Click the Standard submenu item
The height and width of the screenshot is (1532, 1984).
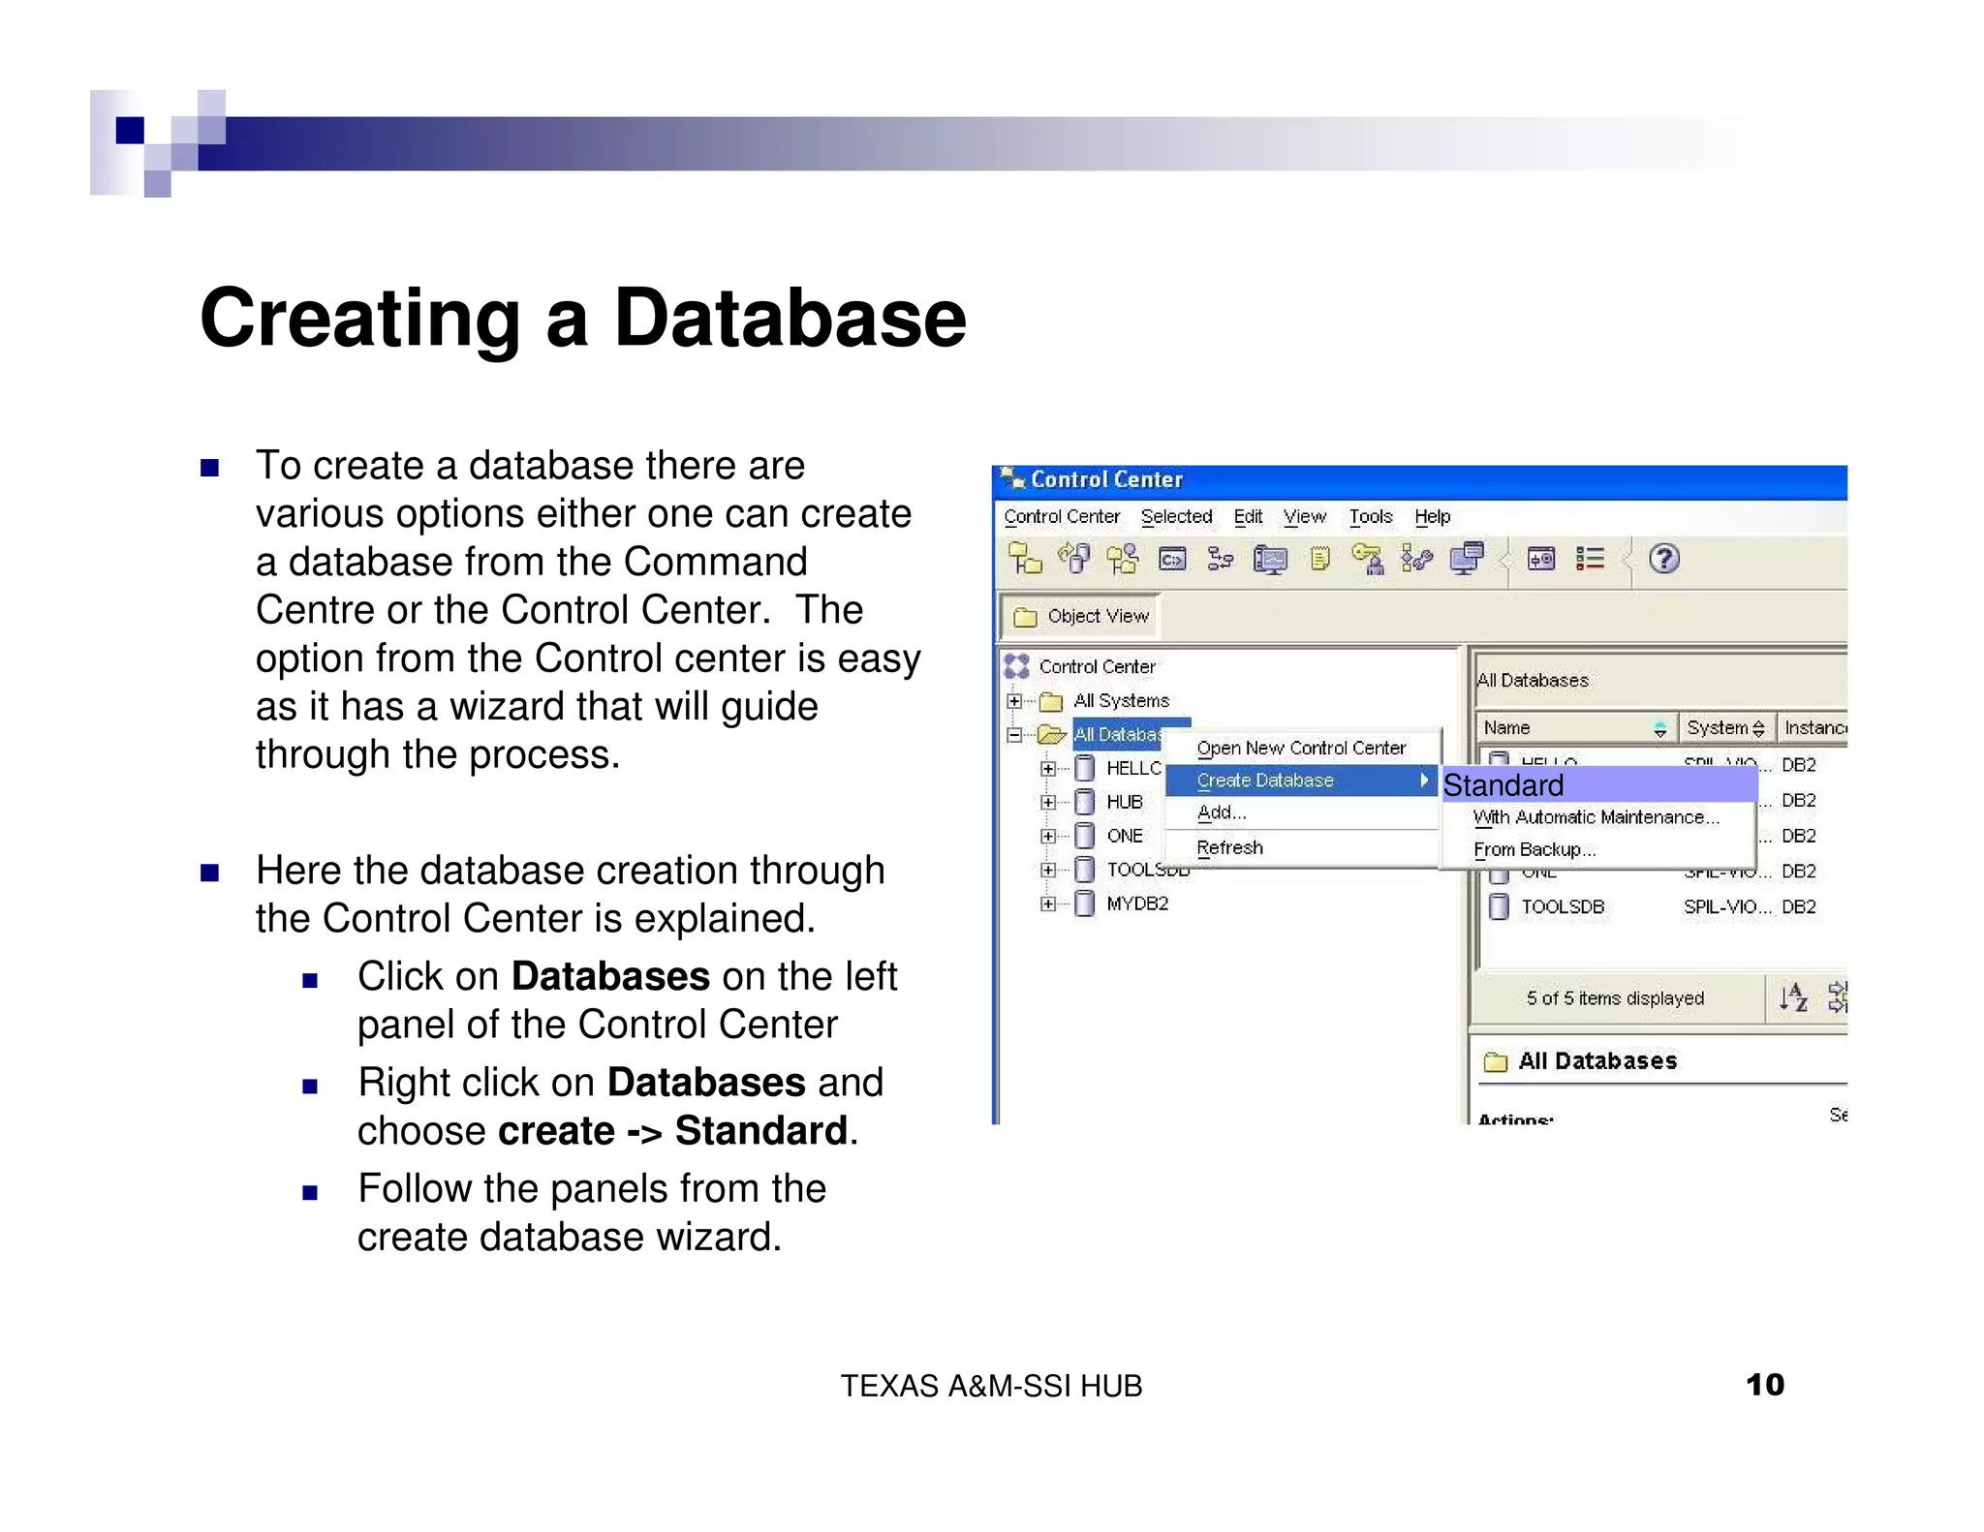[1503, 785]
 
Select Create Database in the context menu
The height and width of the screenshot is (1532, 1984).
[1265, 781]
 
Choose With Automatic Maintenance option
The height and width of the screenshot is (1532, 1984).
[1596, 817]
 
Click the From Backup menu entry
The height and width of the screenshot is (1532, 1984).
[1534, 849]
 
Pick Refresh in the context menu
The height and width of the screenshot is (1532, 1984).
[1229, 847]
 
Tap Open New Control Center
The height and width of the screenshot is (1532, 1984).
[1300, 748]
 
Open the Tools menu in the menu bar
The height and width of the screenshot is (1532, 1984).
[1370, 517]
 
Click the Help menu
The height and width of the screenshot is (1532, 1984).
[1432, 517]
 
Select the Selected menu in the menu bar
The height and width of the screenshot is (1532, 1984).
[1176, 517]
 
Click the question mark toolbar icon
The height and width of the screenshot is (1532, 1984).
[1663, 560]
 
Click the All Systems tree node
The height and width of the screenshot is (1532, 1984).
[1121, 700]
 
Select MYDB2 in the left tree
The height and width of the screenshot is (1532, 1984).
[1137, 904]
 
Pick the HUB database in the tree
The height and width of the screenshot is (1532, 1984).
[1124, 802]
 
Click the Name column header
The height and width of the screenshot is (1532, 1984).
[1507, 728]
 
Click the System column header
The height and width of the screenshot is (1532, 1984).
[1718, 728]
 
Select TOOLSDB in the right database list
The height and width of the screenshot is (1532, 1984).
[1562, 907]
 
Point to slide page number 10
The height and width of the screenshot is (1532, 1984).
[1764, 1385]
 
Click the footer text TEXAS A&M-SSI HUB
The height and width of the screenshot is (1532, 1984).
[991, 1387]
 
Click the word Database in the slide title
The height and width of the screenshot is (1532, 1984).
[790, 319]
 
